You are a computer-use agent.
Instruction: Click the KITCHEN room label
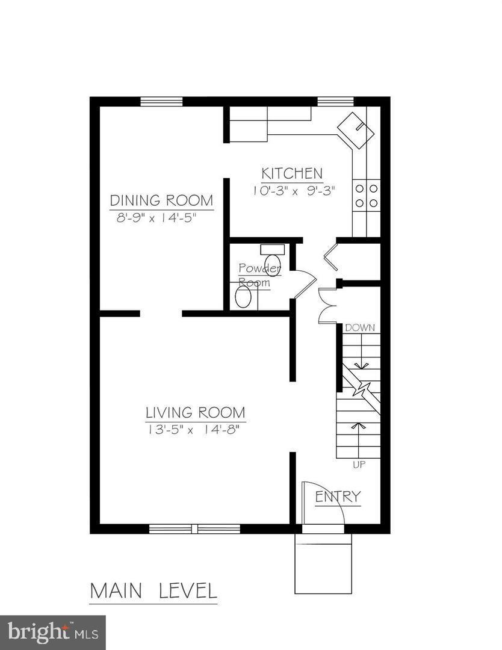click(292, 174)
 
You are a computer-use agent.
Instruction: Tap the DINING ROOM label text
click(161, 200)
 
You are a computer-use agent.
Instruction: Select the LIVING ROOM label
click(196, 413)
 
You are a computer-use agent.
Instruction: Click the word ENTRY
click(338, 497)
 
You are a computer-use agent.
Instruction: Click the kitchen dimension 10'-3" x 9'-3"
click(293, 190)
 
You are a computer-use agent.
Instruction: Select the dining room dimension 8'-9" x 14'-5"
click(156, 217)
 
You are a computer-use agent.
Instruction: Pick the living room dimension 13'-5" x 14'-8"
click(196, 430)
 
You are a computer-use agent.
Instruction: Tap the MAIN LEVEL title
click(153, 590)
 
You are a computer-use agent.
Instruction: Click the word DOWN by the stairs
click(359, 328)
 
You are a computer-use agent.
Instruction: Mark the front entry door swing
click(323, 503)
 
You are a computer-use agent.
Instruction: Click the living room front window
click(194, 529)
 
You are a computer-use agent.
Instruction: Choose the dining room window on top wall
click(161, 101)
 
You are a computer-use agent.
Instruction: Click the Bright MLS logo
click(52, 632)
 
